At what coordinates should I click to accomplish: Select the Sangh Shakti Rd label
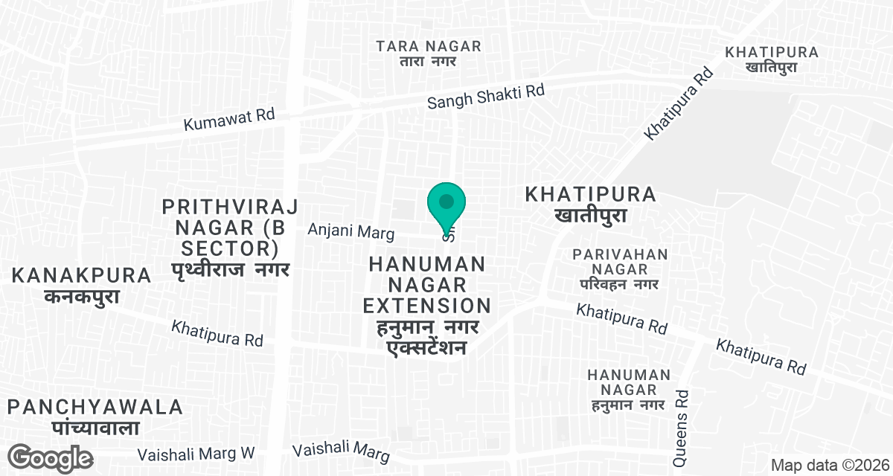[486, 97]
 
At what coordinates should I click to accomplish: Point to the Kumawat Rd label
[229, 120]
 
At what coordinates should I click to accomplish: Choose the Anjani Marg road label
[351, 232]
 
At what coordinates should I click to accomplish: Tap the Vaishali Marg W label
[196, 453]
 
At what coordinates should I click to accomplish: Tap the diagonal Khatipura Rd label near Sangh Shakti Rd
[679, 103]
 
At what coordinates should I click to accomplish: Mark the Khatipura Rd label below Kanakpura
[217, 332]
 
